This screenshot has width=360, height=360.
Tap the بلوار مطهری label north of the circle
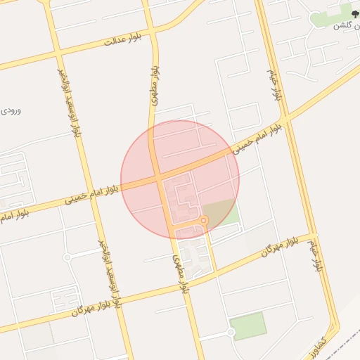coord(154,87)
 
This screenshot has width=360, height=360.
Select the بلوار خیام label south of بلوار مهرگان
coord(317,255)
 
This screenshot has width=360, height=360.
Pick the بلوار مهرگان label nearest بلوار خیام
coord(271,248)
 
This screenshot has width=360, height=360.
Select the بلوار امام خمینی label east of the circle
coord(260,137)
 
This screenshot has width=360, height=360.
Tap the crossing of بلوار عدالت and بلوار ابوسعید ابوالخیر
coord(58,52)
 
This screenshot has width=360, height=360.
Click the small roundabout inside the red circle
coord(203,221)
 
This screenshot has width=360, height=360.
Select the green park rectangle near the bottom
coord(248,326)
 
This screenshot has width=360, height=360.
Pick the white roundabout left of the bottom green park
coord(231,332)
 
